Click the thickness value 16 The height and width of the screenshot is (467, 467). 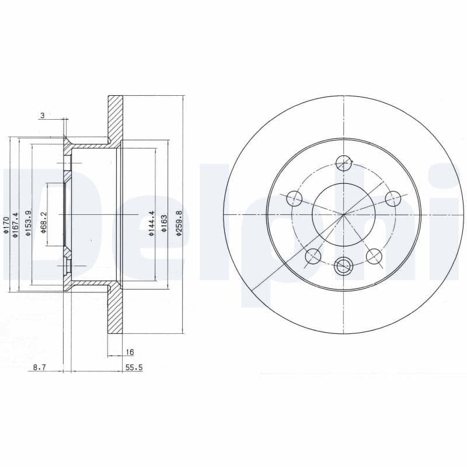[130, 352]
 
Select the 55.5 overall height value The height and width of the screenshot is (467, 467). [134, 367]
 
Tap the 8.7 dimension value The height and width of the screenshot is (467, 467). [39, 367]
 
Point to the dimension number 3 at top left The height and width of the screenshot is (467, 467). [42, 116]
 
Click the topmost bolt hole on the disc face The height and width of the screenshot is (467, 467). [344, 163]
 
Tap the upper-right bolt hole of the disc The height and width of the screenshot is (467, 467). [393, 199]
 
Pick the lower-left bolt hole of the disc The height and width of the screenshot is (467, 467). [314, 256]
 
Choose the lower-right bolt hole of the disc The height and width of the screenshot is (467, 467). [374, 256]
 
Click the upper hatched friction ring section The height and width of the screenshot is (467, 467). [116, 117]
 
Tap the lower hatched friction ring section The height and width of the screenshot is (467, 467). [116, 312]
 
